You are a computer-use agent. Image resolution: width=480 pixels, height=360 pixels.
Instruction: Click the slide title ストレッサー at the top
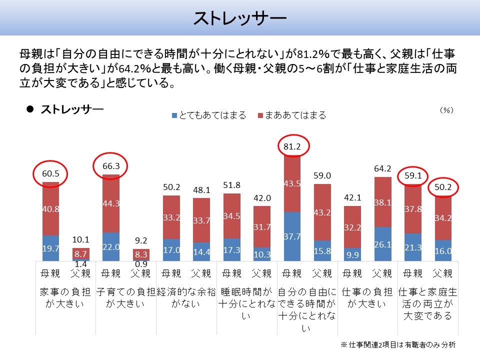(x=239, y=18)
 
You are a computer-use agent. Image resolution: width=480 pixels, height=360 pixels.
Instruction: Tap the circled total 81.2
(x=293, y=146)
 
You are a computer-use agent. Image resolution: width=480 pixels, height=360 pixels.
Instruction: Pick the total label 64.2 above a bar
(x=383, y=169)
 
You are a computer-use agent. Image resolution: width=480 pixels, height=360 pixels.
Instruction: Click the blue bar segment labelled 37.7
(x=292, y=236)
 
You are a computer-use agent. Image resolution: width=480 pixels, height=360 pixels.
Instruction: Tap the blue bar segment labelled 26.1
(x=383, y=244)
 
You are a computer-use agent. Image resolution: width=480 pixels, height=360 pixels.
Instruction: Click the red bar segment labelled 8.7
(x=81, y=253)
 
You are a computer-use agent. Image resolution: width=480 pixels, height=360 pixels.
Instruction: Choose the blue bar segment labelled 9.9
(x=352, y=254)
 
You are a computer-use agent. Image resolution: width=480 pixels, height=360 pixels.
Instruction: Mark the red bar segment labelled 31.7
(x=262, y=227)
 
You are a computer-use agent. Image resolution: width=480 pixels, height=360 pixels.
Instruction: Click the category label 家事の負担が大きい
(x=65, y=297)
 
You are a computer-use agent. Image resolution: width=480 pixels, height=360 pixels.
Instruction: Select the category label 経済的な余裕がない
(x=186, y=297)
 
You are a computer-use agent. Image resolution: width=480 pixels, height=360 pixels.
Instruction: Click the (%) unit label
(x=446, y=109)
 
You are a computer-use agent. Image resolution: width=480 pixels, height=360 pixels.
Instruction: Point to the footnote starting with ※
(x=398, y=345)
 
